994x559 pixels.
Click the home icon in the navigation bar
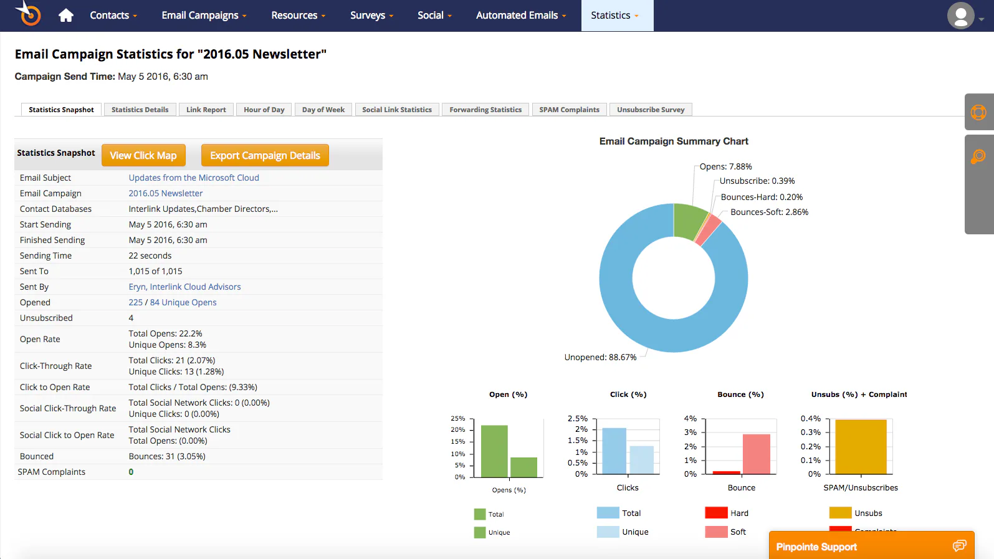(x=65, y=16)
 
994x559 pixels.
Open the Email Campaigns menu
(x=204, y=16)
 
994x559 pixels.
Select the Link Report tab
(x=206, y=110)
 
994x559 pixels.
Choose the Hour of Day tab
(x=264, y=110)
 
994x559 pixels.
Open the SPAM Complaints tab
(x=570, y=110)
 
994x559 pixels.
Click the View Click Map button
(x=143, y=155)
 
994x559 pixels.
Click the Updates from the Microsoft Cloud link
(x=194, y=178)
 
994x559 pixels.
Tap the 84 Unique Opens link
(x=183, y=302)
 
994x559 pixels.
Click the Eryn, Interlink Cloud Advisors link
(x=184, y=287)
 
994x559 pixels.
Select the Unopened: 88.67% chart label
(x=600, y=357)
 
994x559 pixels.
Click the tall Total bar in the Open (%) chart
(x=494, y=451)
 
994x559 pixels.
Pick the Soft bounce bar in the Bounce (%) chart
(x=757, y=454)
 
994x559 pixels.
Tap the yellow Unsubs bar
(x=861, y=447)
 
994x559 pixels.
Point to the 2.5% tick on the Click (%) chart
(x=577, y=418)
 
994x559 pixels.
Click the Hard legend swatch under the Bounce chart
(x=716, y=513)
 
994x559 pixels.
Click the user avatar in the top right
(x=961, y=16)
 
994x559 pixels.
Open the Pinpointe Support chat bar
(x=871, y=546)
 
